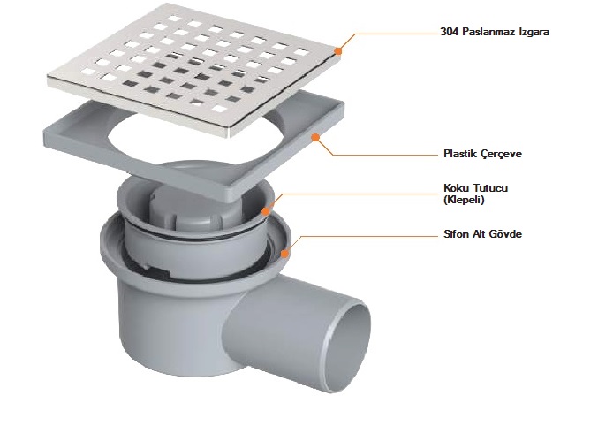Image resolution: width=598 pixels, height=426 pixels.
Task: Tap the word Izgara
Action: (x=534, y=32)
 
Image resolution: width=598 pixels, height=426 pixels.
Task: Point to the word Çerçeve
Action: (x=501, y=154)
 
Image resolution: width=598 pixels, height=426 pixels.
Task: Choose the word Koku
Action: (x=457, y=188)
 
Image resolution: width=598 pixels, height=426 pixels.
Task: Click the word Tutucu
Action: (x=491, y=188)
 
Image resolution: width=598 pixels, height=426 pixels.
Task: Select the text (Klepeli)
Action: (x=464, y=200)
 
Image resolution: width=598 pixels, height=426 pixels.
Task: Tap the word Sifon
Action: (x=456, y=233)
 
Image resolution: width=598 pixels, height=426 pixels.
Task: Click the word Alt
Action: (x=478, y=233)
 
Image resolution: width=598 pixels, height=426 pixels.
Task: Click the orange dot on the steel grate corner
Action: (x=338, y=50)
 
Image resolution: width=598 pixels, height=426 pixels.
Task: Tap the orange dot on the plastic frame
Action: (x=315, y=137)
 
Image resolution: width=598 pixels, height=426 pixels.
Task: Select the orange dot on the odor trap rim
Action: (x=266, y=210)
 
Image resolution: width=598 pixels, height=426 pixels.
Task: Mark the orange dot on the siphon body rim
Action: (x=284, y=253)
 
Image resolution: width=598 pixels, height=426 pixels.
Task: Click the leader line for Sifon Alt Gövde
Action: (x=363, y=237)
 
